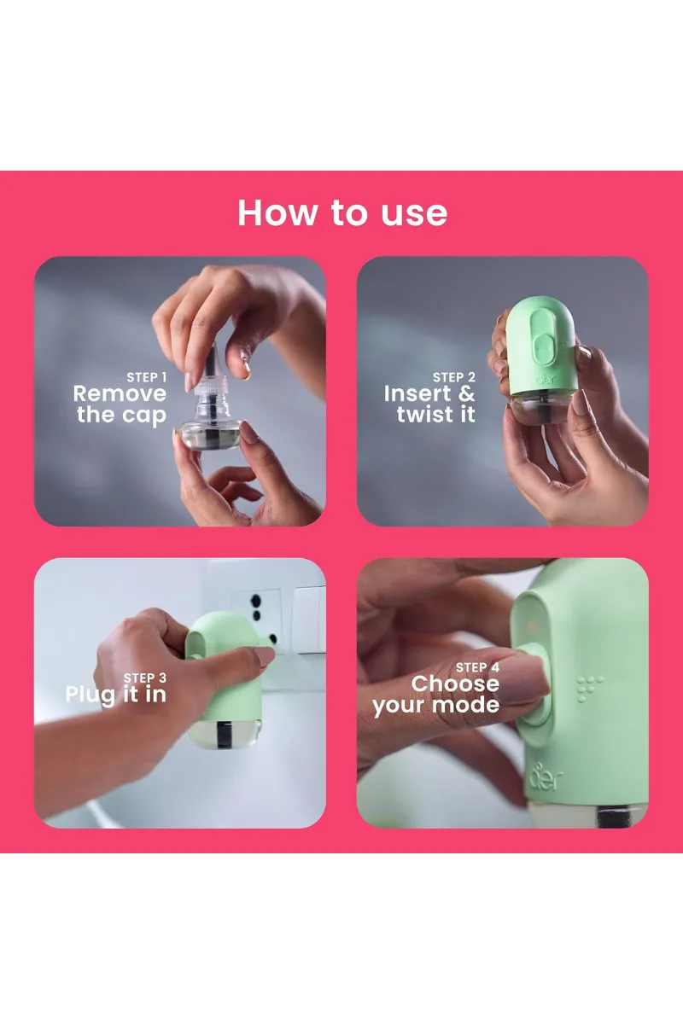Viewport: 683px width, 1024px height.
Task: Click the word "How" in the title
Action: (x=274, y=212)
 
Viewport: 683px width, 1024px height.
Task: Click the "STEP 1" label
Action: (x=147, y=377)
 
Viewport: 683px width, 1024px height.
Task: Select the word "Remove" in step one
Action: (x=120, y=394)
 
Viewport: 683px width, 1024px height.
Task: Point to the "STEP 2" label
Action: (x=453, y=377)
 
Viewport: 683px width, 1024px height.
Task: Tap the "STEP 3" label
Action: (x=145, y=678)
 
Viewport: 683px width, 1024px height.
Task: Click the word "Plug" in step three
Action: (x=90, y=695)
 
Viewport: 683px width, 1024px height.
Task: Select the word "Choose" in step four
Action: (x=455, y=684)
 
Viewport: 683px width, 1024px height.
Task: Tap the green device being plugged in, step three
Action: (x=224, y=683)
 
